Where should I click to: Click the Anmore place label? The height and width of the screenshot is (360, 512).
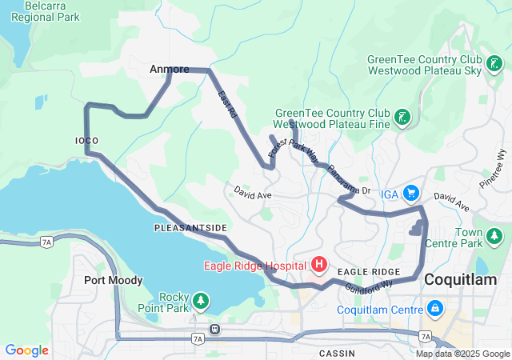(170, 70)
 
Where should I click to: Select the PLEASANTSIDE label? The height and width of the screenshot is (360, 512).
(190, 228)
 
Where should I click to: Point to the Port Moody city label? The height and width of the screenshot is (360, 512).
(113, 280)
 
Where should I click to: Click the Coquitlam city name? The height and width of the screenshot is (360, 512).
(460, 279)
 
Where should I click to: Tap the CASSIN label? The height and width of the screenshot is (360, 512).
(337, 353)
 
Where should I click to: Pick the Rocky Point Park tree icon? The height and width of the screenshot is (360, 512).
(202, 302)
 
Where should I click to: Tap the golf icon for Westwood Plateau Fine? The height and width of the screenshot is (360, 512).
(403, 118)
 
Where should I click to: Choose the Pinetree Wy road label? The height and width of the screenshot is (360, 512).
(501, 163)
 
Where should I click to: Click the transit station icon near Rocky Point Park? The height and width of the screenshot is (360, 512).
(214, 329)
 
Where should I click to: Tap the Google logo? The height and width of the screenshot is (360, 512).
(27, 350)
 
